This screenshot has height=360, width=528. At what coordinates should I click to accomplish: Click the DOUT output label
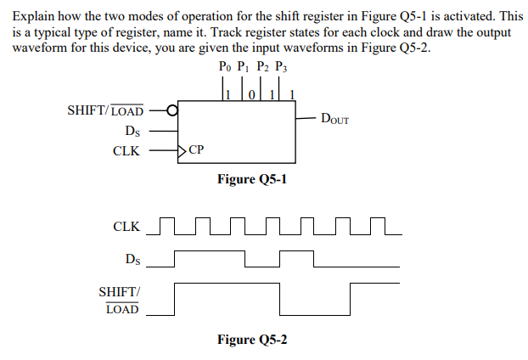(x=334, y=119)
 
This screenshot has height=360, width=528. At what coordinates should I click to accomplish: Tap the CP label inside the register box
(x=196, y=151)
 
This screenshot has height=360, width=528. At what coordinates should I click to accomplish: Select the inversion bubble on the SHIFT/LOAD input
(x=173, y=110)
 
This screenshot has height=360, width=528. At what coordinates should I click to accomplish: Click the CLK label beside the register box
(x=127, y=151)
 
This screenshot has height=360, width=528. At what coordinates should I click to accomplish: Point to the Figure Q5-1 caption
(x=252, y=179)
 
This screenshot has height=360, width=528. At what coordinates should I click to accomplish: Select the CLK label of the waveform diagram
(x=126, y=227)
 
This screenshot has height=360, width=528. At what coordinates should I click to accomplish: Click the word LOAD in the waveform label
(x=122, y=309)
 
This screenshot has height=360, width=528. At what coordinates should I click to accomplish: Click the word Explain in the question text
(x=35, y=16)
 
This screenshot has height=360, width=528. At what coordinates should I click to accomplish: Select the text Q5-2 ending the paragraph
(x=412, y=47)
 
